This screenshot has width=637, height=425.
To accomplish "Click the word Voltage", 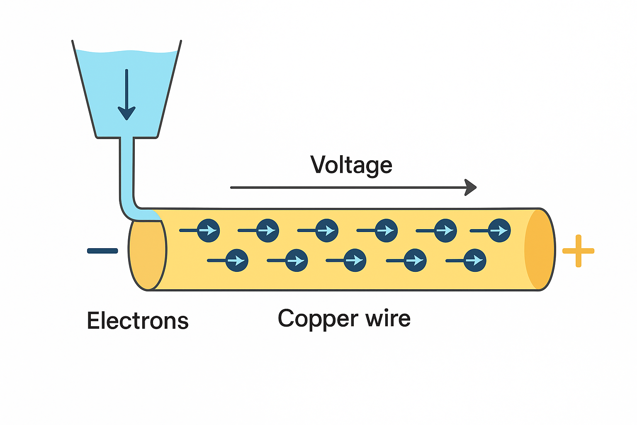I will tap(351, 165).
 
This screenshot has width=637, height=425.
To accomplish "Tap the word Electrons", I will tap(138, 321).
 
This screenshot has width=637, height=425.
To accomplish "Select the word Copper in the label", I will tap(318, 319).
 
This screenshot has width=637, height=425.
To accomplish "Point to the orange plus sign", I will tap(578, 251).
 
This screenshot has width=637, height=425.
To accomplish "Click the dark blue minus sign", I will tap(102, 251).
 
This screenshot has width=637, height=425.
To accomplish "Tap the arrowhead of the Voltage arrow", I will tap(471, 188).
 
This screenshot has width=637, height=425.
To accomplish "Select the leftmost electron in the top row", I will tap(208, 230).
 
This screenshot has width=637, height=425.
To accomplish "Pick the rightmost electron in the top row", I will tap(499, 230).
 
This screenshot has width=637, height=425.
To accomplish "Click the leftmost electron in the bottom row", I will tap(237, 260).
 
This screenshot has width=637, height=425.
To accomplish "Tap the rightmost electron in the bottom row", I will tap(475, 260).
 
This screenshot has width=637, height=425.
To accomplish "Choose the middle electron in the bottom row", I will tap(355, 260).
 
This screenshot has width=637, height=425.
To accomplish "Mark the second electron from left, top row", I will tap(267, 230).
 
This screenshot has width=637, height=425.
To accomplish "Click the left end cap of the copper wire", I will tap(148, 255).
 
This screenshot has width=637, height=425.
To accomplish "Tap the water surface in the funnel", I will tap(126, 52).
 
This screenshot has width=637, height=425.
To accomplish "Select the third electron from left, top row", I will tap(327, 230).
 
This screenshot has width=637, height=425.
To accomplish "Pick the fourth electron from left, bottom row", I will tap(415, 260).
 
